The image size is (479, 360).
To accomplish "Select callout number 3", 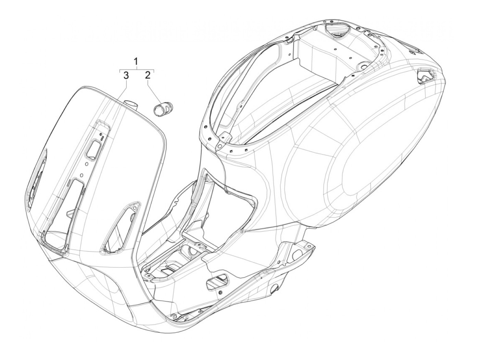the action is pyautogui.click(x=126, y=75).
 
